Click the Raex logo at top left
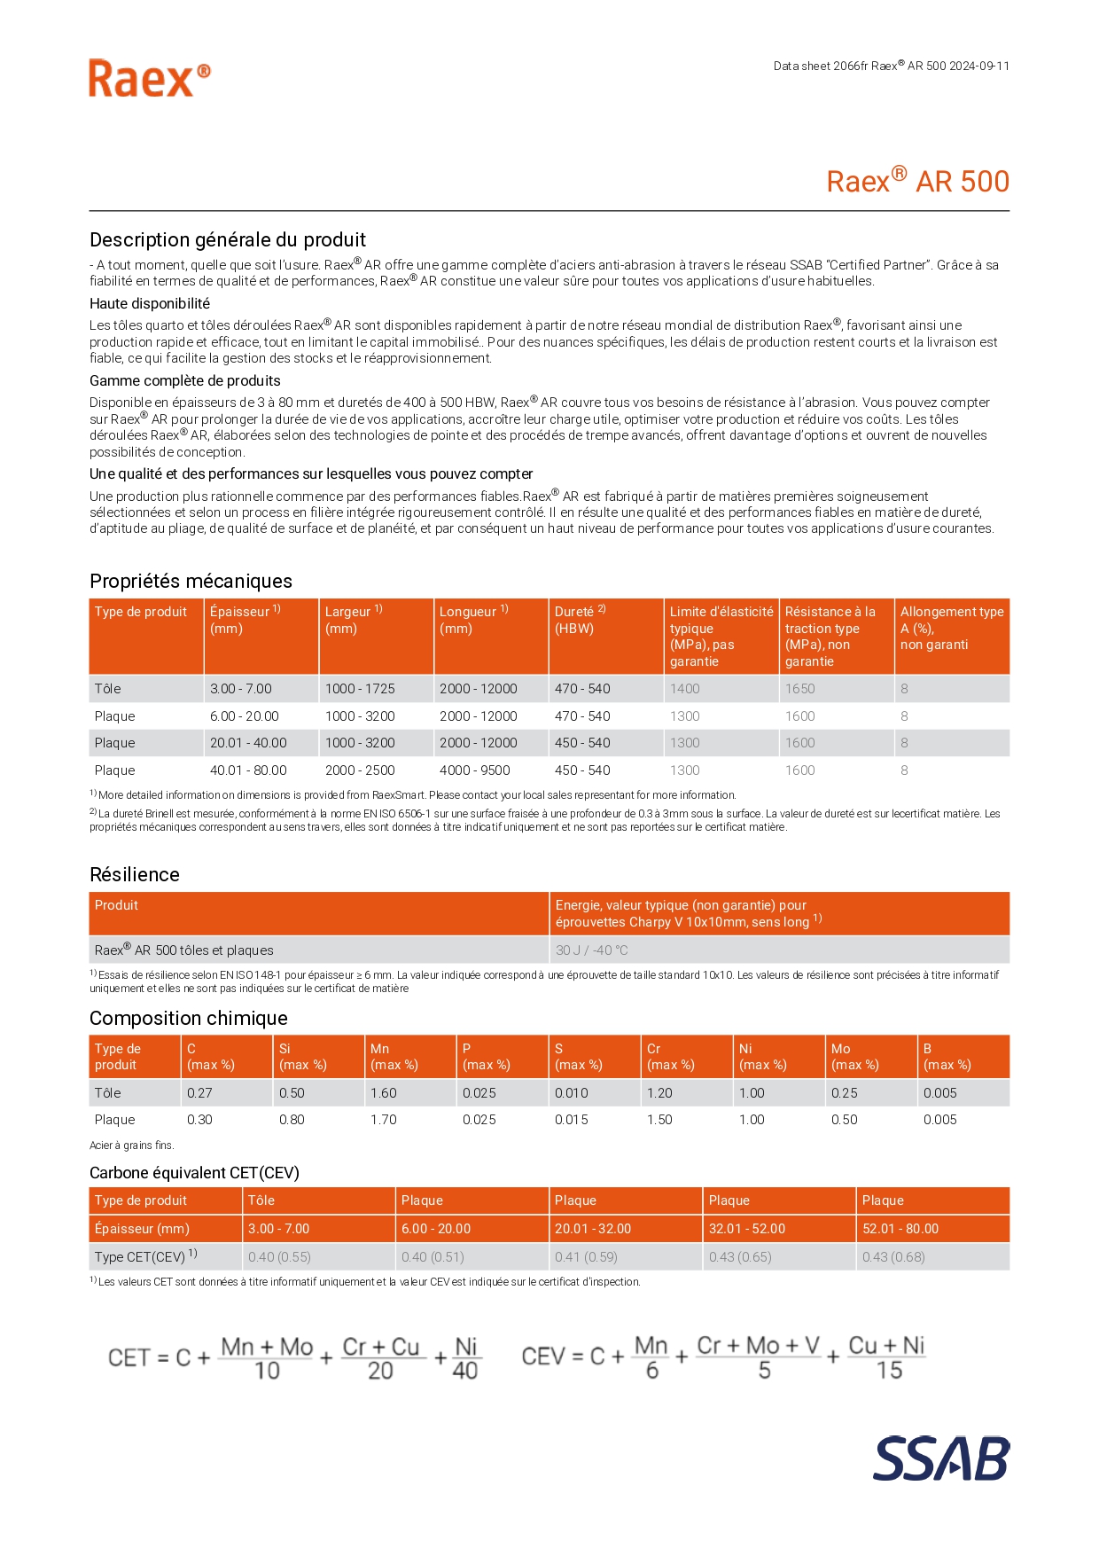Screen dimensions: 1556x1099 coord(149,79)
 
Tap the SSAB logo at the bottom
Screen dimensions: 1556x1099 coord(940,1458)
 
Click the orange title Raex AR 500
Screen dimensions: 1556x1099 coord(917,181)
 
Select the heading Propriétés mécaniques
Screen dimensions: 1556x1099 coord(191,581)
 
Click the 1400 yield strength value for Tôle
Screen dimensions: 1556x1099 coord(685,689)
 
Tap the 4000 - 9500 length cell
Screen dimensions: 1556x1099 coord(475,770)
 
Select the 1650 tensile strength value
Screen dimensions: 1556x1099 coord(800,689)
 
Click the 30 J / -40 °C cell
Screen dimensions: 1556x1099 coord(592,950)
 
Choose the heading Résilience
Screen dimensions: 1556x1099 coord(135,874)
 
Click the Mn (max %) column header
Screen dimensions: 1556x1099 coord(394,1057)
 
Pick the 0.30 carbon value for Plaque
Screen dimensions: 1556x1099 coord(199,1120)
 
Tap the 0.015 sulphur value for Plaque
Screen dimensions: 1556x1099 coord(572,1120)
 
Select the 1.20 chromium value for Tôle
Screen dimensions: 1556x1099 coord(659,1093)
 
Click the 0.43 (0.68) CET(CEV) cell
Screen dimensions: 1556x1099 coord(893,1257)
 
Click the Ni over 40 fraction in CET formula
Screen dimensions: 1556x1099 coord(465,1358)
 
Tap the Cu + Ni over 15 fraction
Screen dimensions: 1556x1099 coord(887,1357)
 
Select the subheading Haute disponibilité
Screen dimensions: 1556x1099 coord(150,303)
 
